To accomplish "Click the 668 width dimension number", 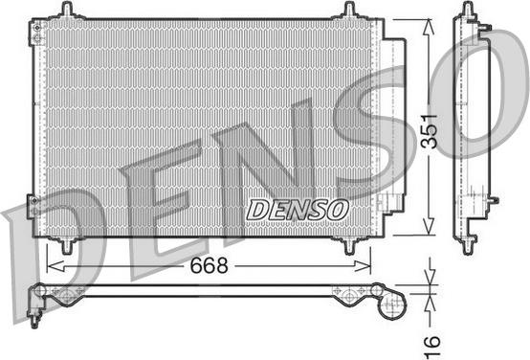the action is [209, 265].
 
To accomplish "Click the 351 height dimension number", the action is [429, 131].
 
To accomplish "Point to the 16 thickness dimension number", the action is [432, 346].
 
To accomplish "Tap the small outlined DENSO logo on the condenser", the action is [298, 210].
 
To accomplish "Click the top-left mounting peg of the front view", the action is [68, 10].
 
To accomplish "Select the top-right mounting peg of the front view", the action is [350, 10].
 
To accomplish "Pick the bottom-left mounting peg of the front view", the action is [67, 246].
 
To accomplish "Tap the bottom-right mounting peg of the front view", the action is [350, 246].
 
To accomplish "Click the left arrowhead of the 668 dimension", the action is [55, 266].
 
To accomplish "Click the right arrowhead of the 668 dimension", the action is [363, 266].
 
